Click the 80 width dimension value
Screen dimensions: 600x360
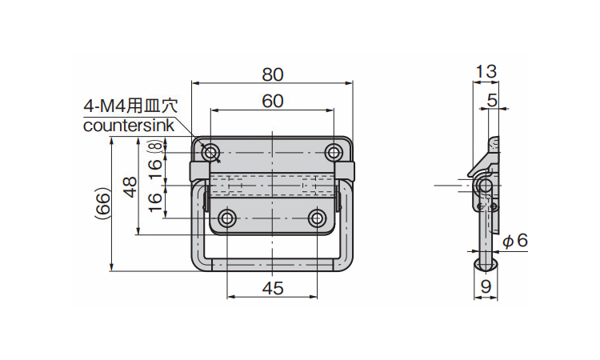tap(273, 74)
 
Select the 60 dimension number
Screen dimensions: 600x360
tap(273, 102)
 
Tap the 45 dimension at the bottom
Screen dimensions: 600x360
tap(273, 288)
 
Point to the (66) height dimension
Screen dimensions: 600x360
tap(103, 203)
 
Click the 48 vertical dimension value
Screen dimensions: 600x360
tap(130, 186)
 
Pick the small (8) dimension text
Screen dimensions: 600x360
tap(154, 146)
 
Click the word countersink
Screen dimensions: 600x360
tap(129, 126)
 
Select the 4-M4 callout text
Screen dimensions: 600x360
tap(131, 106)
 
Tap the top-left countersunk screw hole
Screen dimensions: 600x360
tap(210, 153)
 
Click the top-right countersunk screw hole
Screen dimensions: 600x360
tap(334, 153)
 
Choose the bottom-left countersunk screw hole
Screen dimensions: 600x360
tap(227, 218)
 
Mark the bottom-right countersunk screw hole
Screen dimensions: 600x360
tap(317, 218)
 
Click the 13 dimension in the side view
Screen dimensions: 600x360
tap(486, 71)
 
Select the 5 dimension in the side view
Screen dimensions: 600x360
tap(492, 100)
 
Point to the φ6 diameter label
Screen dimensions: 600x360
tap(515, 241)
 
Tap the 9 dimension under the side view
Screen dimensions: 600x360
tap(486, 286)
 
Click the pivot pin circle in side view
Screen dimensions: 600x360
tap(486, 186)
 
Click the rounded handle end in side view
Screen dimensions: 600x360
tap(486, 265)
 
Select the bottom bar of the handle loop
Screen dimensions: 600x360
tap(272, 265)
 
